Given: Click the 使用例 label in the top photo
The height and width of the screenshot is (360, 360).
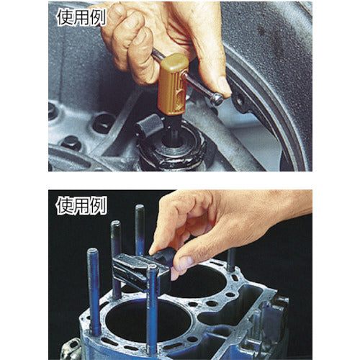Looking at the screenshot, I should (80, 18).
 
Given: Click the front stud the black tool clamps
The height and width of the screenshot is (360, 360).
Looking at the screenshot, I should (152, 302).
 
